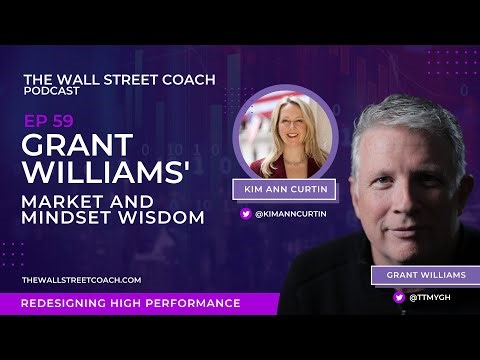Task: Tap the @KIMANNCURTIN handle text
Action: click(290, 212)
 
